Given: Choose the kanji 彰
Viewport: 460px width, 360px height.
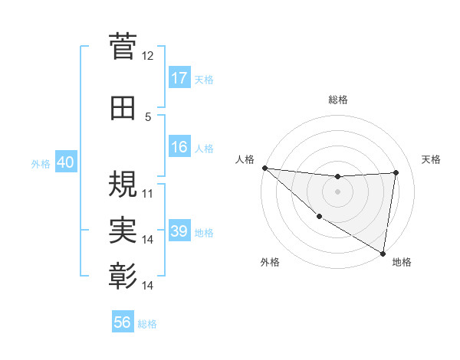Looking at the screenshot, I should click(x=123, y=274).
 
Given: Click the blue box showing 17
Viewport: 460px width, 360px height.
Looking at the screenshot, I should click(x=179, y=78).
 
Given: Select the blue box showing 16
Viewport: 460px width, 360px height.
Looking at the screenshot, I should click(x=179, y=147).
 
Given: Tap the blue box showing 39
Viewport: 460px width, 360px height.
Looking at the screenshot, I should click(x=179, y=231).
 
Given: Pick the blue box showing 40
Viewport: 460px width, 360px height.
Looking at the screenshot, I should click(x=65, y=163).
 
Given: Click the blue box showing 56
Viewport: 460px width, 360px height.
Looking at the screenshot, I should click(x=123, y=322).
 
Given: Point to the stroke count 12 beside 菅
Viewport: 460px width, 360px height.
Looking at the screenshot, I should click(x=148, y=55).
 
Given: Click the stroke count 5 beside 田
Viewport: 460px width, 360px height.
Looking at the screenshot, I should click(x=148, y=117).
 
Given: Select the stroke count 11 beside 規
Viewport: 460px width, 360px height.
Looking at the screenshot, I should click(x=148, y=194).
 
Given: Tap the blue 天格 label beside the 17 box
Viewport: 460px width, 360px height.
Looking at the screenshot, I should click(x=204, y=79).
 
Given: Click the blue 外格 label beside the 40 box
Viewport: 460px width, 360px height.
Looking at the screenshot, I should click(x=41, y=164).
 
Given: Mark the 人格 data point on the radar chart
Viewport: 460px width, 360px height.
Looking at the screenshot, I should click(x=265, y=168).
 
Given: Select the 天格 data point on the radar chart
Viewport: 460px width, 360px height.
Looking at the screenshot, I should click(x=396, y=172).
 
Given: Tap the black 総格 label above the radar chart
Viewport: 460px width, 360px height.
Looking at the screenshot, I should click(x=338, y=100).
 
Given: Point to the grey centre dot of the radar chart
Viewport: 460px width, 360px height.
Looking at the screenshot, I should click(x=337, y=191).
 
